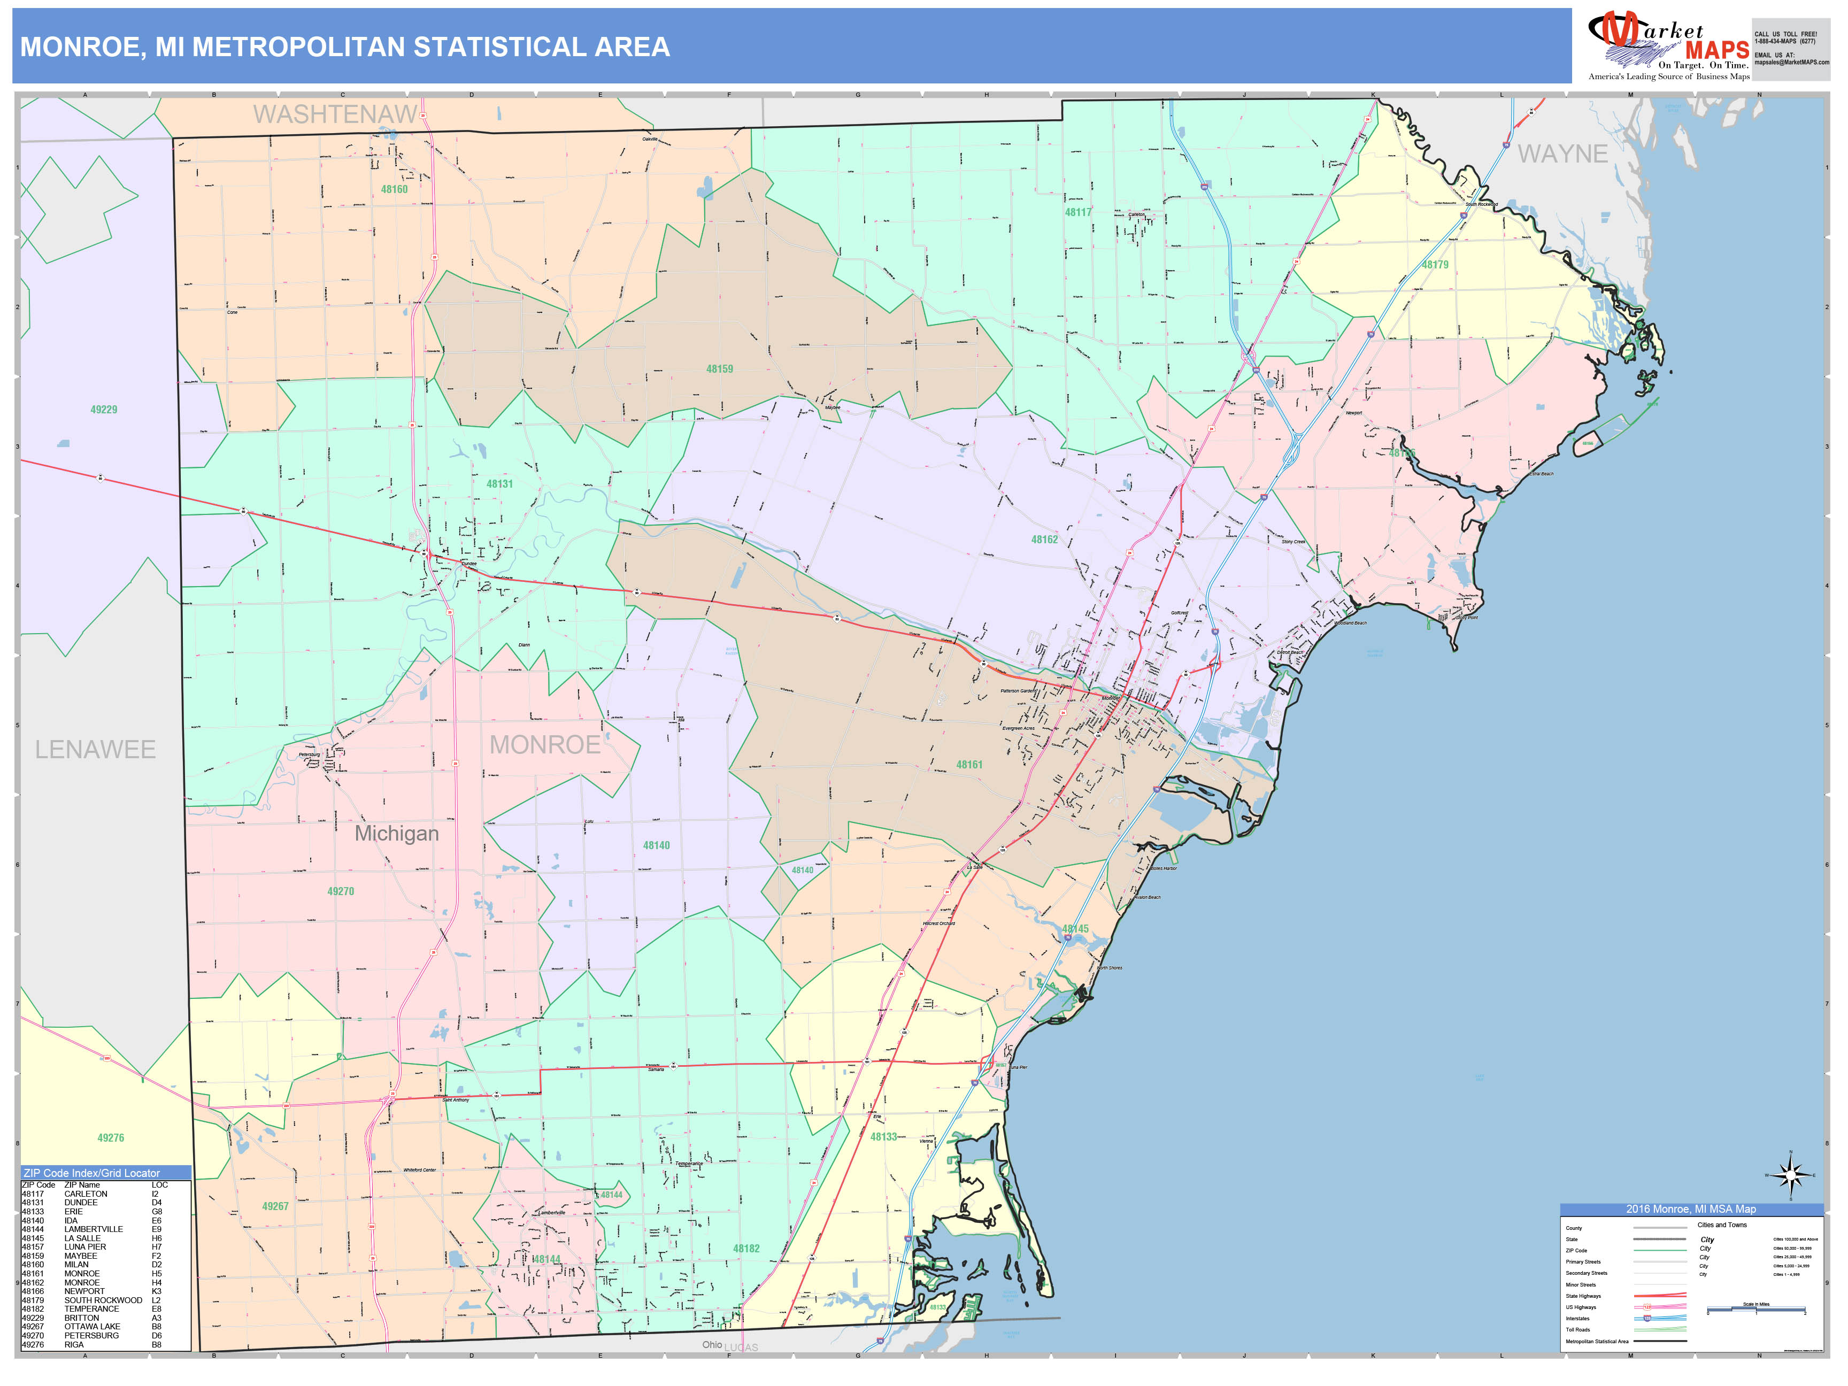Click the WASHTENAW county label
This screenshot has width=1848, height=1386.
[x=335, y=114]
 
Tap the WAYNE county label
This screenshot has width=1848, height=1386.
[x=1561, y=153]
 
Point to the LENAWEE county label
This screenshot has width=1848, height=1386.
[x=95, y=749]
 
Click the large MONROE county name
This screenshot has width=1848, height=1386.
[x=545, y=744]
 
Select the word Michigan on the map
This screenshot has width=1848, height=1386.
[x=396, y=833]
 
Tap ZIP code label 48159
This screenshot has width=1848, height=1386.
[x=719, y=368]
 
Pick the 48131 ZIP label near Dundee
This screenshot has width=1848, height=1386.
[x=499, y=484]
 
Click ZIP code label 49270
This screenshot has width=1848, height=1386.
[x=340, y=891]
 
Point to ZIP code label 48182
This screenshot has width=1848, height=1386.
[x=746, y=1248]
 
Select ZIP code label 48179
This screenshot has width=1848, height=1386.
[x=1435, y=265]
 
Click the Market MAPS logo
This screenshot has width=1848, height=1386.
[x=1668, y=47]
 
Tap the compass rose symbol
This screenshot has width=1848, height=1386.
[x=1790, y=1175]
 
